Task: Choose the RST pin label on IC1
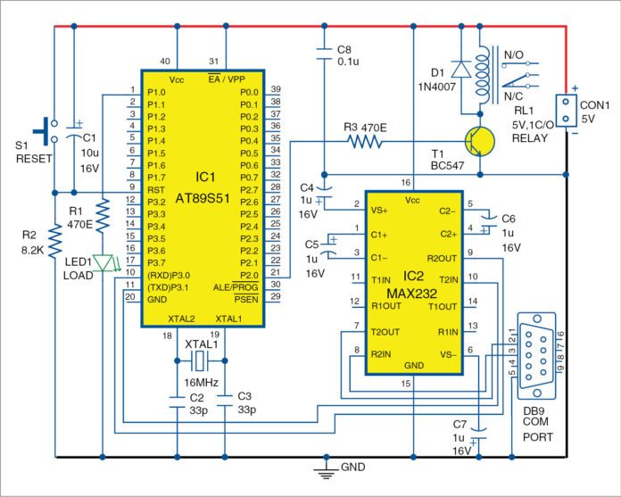(x=157, y=190)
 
